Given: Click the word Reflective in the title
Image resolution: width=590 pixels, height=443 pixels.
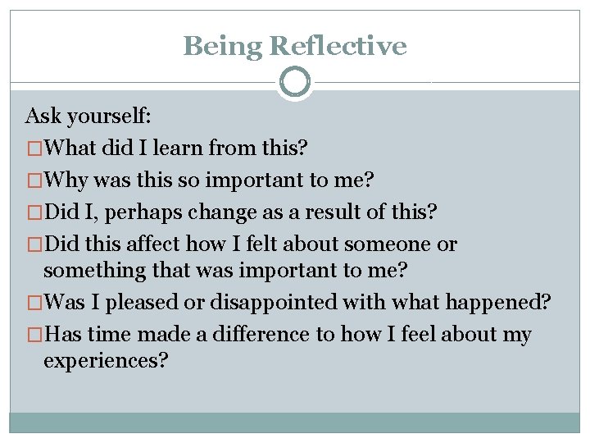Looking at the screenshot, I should [338, 46].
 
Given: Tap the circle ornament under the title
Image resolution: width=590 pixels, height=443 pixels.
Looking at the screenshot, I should [295, 82].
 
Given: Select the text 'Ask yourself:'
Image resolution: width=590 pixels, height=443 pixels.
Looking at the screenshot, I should [83, 115].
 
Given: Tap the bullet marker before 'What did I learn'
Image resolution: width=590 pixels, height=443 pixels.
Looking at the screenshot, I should [34, 148].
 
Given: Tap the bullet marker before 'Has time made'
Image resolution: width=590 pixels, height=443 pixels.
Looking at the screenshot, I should [34, 336].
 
